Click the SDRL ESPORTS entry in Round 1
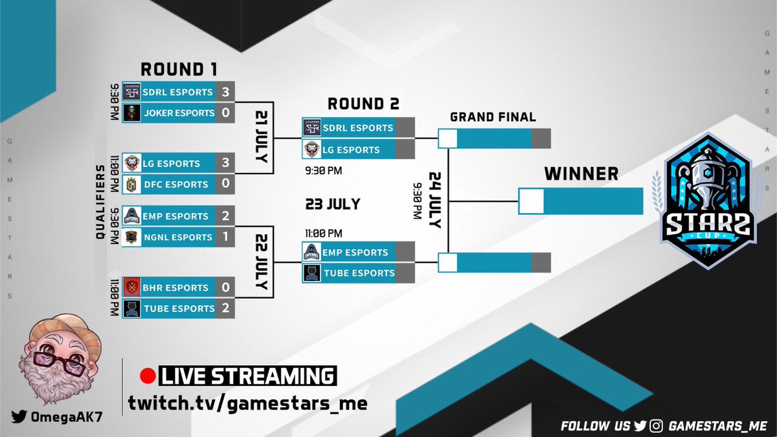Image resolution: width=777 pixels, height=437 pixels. point(178,92)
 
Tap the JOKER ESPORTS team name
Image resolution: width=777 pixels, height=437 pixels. point(179,113)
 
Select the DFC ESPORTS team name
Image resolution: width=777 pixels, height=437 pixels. point(177,185)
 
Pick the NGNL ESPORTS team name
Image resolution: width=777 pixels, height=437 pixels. point(178,237)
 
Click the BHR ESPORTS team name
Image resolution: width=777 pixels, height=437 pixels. point(177,287)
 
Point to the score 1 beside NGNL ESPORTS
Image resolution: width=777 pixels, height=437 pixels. point(225,237)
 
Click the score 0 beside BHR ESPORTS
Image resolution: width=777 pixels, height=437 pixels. point(225,287)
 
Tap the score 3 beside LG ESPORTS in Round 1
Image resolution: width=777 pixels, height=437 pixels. point(225,163)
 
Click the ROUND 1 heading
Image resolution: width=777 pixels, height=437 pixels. point(179,69)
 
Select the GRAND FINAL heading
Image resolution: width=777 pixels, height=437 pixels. point(493,117)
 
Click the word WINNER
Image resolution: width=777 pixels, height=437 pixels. point(581,174)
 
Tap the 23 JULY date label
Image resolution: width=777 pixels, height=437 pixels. point(333,205)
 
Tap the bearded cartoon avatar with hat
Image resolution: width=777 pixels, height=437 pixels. point(58,353)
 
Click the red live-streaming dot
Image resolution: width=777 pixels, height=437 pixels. point(147,376)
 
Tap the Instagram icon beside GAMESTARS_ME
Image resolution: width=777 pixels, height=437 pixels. point(657,426)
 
